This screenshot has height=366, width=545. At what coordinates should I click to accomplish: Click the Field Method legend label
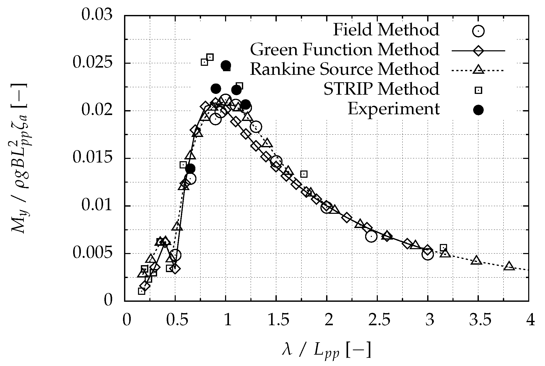386,30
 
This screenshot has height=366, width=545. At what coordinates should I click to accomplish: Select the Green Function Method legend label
344,50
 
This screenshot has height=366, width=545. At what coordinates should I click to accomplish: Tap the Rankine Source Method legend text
344,69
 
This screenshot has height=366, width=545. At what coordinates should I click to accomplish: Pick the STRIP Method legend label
381,89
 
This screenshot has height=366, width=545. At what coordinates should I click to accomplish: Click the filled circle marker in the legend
478,110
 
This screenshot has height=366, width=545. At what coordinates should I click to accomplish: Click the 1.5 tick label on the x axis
276,321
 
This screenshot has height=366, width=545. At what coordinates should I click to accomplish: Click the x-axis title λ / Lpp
326,350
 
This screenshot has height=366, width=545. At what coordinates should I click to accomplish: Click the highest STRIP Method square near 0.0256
210,57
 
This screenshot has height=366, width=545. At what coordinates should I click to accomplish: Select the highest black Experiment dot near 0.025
226,65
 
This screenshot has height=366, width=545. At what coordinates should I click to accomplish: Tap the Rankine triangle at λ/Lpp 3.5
477,261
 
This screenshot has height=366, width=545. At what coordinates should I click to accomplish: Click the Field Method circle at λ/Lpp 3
428,254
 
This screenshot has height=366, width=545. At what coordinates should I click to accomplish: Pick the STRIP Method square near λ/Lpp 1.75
304,174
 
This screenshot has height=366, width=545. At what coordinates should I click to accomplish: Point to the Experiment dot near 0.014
190,169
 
